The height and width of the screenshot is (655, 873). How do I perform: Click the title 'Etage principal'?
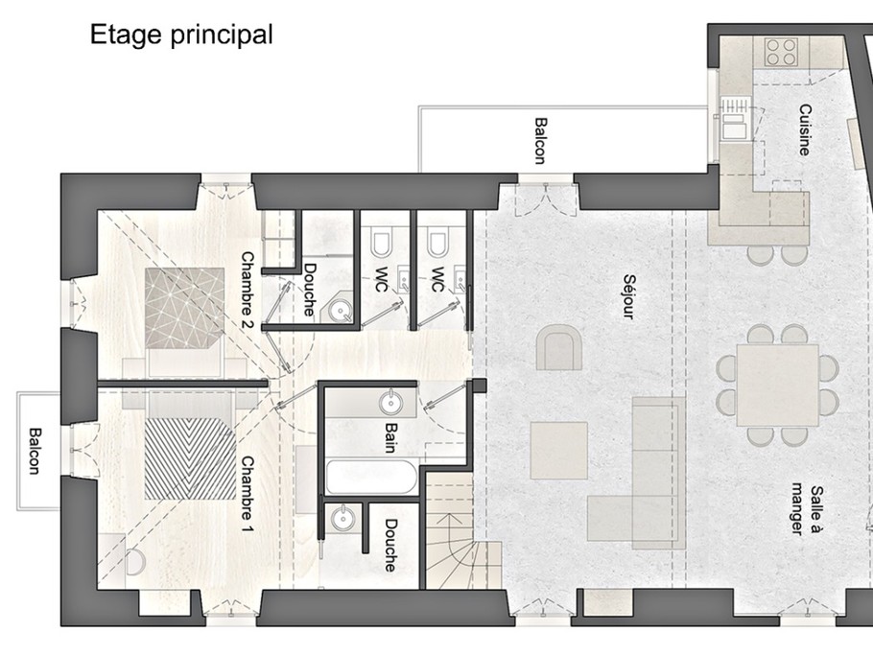(181, 35)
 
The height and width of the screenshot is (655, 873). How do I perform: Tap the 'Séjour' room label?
(628, 296)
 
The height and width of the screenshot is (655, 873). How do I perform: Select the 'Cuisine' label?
(804, 129)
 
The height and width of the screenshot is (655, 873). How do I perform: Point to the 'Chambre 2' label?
(248, 290)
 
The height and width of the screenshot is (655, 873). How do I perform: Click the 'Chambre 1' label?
(248, 494)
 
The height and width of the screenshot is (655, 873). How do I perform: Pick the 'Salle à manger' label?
(808, 510)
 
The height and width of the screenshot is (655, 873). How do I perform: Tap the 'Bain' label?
(391, 437)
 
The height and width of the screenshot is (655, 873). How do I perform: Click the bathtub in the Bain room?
(371, 477)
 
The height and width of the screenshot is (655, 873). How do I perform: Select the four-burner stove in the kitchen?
(781, 52)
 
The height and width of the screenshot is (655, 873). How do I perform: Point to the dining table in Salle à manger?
(777, 386)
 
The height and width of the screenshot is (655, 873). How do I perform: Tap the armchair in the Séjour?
(559, 347)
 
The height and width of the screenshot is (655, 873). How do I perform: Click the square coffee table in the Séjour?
(559, 450)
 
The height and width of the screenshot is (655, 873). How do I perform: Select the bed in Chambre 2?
(185, 319)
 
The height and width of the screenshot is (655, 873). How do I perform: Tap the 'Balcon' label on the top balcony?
(539, 141)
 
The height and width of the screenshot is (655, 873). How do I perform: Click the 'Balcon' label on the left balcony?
(35, 451)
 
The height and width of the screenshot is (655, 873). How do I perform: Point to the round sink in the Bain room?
(390, 403)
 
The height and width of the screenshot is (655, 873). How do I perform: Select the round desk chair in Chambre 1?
(135, 562)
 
